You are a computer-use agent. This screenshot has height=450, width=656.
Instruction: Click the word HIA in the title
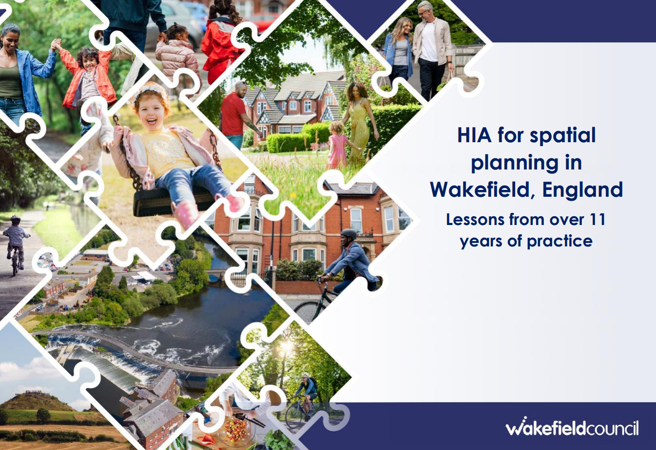tap(474, 135)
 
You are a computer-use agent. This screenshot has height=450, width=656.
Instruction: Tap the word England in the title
tap(582, 190)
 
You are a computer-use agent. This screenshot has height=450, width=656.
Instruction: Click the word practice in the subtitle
tap(560, 242)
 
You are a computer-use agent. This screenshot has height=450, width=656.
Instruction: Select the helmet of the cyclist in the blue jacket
tap(348, 234)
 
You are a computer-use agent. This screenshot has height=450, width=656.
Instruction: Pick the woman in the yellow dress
tap(359, 123)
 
